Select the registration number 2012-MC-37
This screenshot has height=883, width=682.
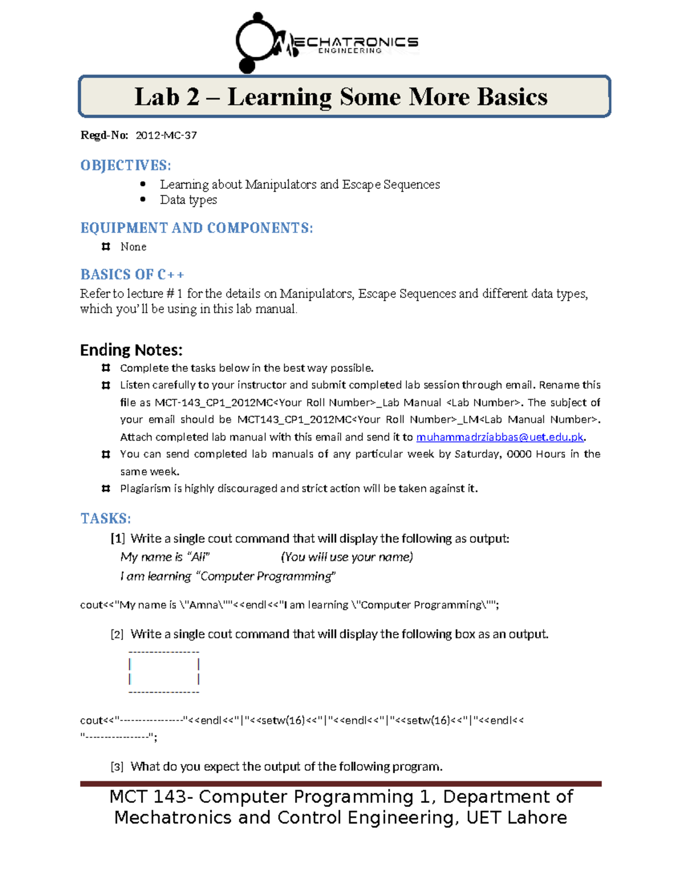pyautogui.click(x=166, y=135)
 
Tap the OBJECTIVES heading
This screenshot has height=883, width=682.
pyautogui.click(x=125, y=165)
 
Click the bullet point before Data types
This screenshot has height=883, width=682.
pyautogui.click(x=143, y=200)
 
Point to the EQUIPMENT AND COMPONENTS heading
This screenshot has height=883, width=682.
pyautogui.click(x=196, y=228)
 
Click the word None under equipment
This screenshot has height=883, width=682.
pyautogui.click(x=133, y=247)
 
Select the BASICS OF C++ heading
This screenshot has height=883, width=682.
pyautogui.click(x=132, y=275)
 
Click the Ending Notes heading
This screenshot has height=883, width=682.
pyautogui.click(x=131, y=350)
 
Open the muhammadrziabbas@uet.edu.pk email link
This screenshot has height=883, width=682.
pyautogui.click(x=500, y=437)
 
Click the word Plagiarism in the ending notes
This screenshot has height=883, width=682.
pyautogui.click(x=145, y=488)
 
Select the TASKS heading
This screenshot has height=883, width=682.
pyautogui.click(x=105, y=519)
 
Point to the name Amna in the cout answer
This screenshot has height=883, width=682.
pyautogui.click(x=203, y=605)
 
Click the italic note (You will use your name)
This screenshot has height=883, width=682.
pyautogui.click(x=347, y=557)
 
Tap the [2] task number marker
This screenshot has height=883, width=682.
pyautogui.click(x=117, y=635)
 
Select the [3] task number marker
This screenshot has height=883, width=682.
pyautogui.click(x=117, y=767)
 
